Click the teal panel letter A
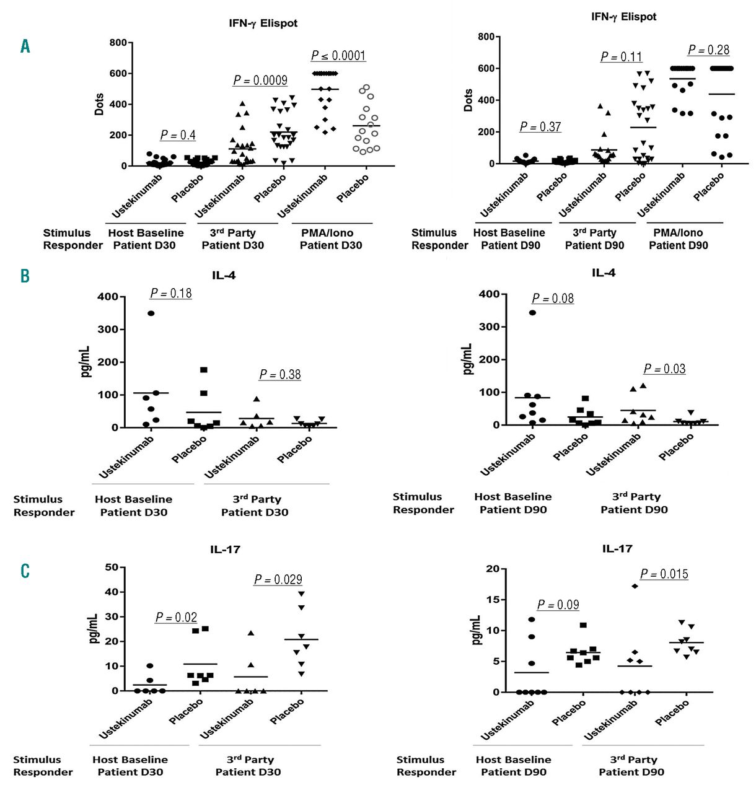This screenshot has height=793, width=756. point(25,46)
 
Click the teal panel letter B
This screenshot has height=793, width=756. point(25,276)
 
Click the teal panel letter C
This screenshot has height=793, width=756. point(25,570)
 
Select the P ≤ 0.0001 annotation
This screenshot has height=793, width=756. point(338,56)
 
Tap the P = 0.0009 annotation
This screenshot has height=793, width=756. point(260,81)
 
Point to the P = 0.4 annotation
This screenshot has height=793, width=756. point(178,135)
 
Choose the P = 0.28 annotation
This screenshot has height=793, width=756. point(709,50)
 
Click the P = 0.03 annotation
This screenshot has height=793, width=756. point(664,369)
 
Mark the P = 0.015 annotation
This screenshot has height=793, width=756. point(664,574)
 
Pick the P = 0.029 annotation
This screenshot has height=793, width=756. point(278,579)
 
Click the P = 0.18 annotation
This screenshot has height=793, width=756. point(171,293)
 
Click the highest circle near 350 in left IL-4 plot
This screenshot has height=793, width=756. point(151,313)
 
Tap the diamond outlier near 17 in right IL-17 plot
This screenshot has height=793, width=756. point(635,586)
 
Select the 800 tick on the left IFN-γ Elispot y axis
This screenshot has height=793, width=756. point(118,43)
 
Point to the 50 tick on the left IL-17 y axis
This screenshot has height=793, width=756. point(112,567)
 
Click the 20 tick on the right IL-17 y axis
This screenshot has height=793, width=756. point(493,569)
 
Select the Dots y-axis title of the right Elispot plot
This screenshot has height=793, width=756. point(468,100)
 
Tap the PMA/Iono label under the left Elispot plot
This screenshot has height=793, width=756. point(327,233)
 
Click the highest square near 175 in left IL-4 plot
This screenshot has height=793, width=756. point(203,370)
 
